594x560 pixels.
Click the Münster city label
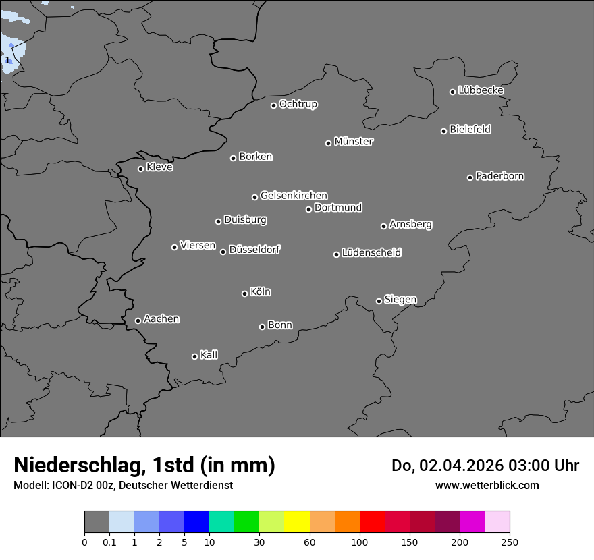click(x=354, y=142)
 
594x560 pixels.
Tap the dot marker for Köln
click(x=244, y=293)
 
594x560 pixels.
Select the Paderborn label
click(x=500, y=176)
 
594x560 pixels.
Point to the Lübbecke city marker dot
click(x=453, y=92)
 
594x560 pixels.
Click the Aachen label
click(x=161, y=319)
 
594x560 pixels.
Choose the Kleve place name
click(x=159, y=167)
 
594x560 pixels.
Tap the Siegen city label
click(x=400, y=300)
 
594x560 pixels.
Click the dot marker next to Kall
click(x=194, y=356)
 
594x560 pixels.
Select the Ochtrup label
click(x=298, y=104)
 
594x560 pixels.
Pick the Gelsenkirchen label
click(x=294, y=196)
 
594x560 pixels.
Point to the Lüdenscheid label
click(x=371, y=253)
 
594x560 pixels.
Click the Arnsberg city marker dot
click(x=383, y=226)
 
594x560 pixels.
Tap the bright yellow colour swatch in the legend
click(x=297, y=522)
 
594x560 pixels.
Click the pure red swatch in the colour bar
click(x=372, y=522)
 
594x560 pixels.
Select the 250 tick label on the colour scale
click(x=510, y=542)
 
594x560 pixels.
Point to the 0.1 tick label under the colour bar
click(x=109, y=542)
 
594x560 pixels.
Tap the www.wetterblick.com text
click(x=487, y=485)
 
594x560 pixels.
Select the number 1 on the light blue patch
click(x=7, y=61)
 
